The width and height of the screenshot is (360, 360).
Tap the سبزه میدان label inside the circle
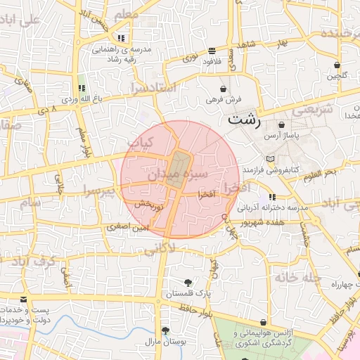point(177,172)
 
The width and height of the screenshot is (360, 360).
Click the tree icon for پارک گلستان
point(188,283)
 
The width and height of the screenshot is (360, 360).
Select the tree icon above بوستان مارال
point(165,330)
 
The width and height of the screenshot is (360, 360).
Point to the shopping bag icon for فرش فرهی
point(224,89)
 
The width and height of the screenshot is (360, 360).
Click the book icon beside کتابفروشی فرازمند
point(271,159)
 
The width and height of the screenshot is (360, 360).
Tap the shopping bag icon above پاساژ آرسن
point(281,124)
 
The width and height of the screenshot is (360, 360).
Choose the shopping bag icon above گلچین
point(337,65)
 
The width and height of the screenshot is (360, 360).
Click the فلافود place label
point(212,61)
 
